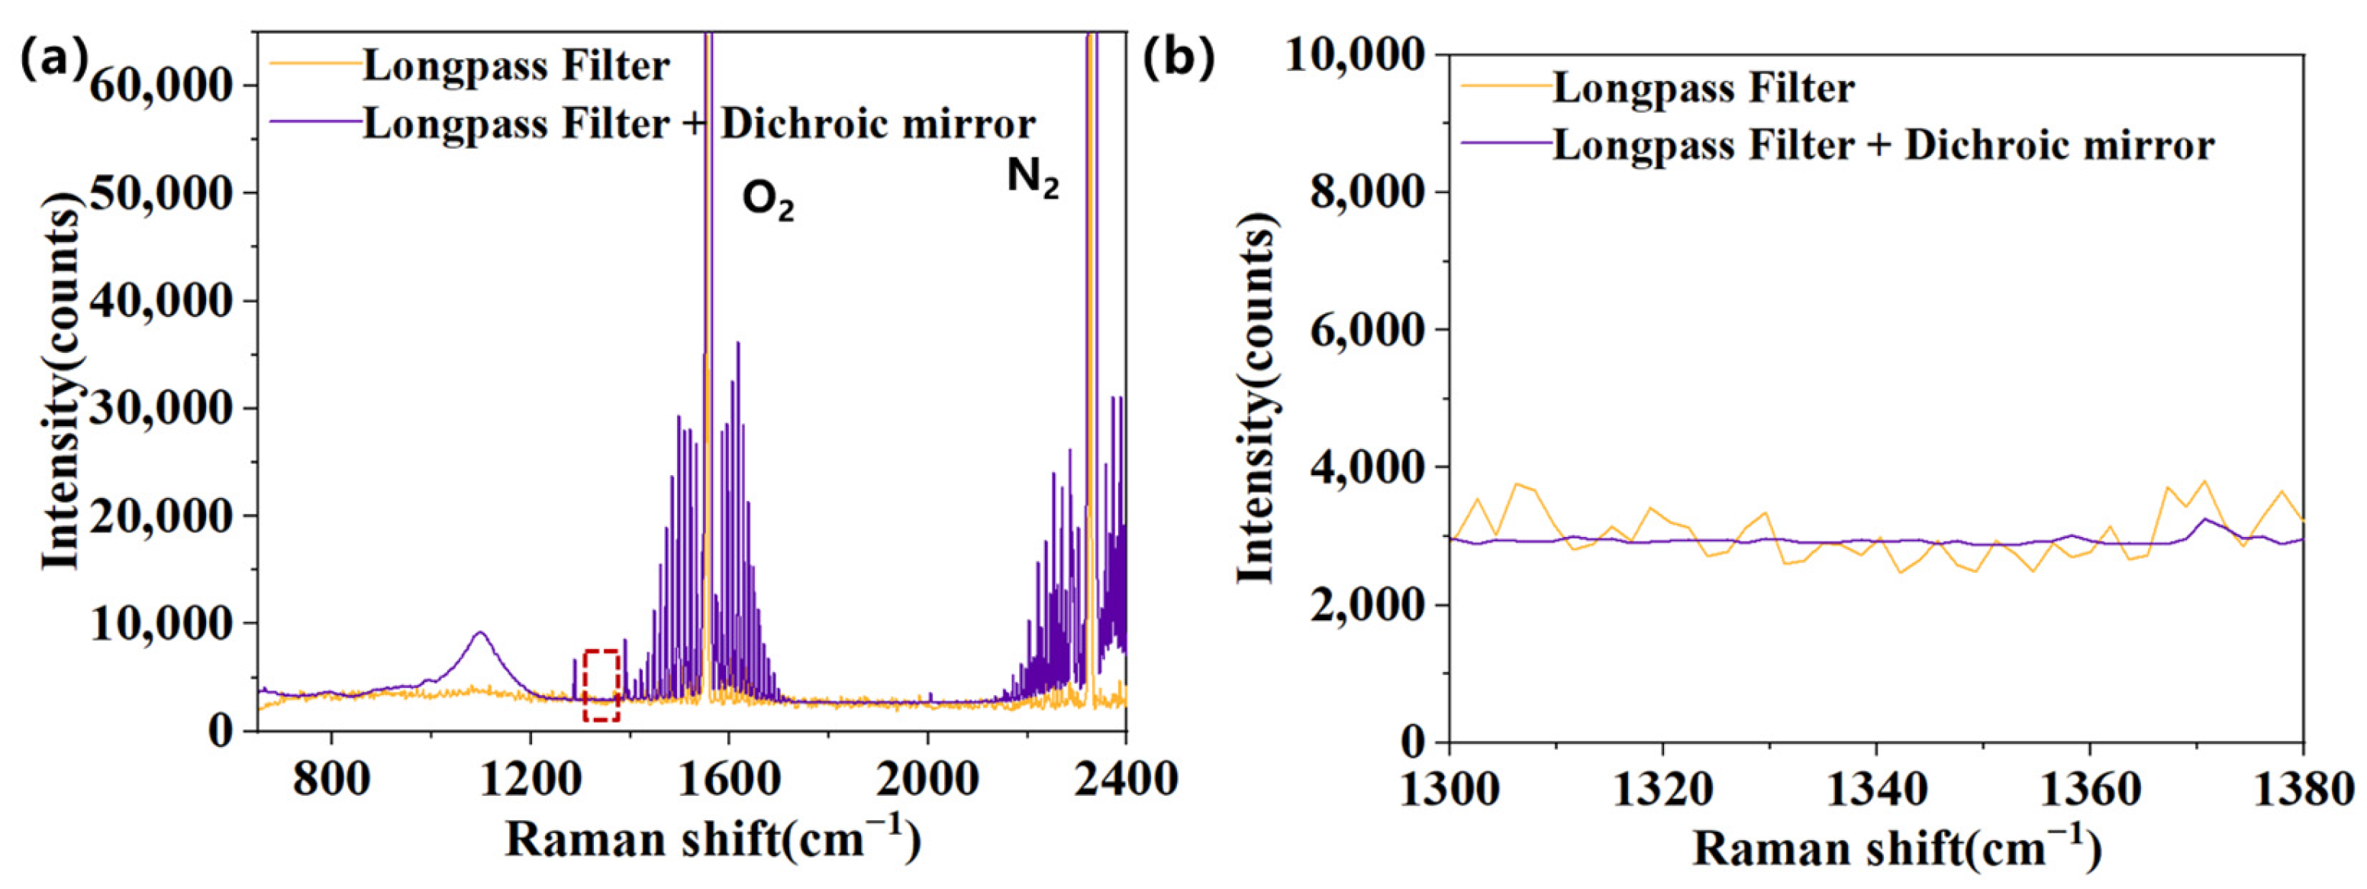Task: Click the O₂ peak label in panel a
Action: pyautogui.click(x=767, y=202)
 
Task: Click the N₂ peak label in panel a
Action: pyautogui.click(x=1033, y=177)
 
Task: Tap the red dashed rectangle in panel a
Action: pyautogui.click(x=601, y=685)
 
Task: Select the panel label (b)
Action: pyautogui.click(x=1179, y=57)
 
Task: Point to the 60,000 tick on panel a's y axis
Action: pyautogui.click(x=162, y=86)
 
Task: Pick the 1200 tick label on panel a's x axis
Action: pyautogui.click(x=529, y=780)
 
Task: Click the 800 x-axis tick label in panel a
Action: pyautogui.click(x=331, y=780)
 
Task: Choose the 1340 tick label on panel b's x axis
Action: pyautogui.click(x=1875, y=789)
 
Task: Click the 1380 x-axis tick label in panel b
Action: pyautogui.click(x=2303, y=789)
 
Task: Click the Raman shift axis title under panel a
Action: pyautogui.click(x=712, y=839)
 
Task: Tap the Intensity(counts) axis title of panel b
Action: pyautogui.click(x=1258, y=398)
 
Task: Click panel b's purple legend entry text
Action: pyautogui.click(x=1884, y=145)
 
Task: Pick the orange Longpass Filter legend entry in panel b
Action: pyautogui.click(x=1704, y=89)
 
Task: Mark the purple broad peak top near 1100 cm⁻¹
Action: pyautogui.click(x=479, y=632)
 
